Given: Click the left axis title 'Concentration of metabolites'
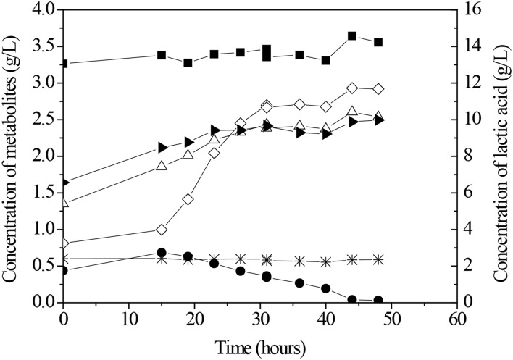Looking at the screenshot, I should click(x=12, y=152).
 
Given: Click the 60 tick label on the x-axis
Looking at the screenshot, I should click(x=456, y=318).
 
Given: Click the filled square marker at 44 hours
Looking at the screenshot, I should click(x=352, y=36).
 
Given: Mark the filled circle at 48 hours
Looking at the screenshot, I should click(x=378, y=300).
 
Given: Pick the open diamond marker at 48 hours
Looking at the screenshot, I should click(x=378, y=89).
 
